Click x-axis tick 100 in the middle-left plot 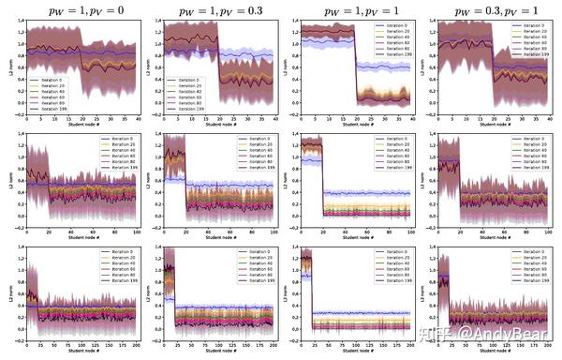pos(137,232)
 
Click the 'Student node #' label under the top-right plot pos(493,128)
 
